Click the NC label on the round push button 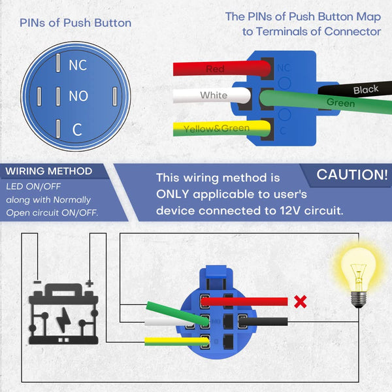tap(78, 65)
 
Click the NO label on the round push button tap(78, 97)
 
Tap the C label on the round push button tap(77, 129)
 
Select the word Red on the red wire tap(215, 69)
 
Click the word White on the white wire tap(214, 95)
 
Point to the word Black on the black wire tap(366, 90)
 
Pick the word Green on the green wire tap(340, 103)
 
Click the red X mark tap(301, 301)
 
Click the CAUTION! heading tap(352, 174)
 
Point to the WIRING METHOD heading tap(49, 172)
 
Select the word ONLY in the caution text tap(174, 194)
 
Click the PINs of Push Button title tap(75, 23)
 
